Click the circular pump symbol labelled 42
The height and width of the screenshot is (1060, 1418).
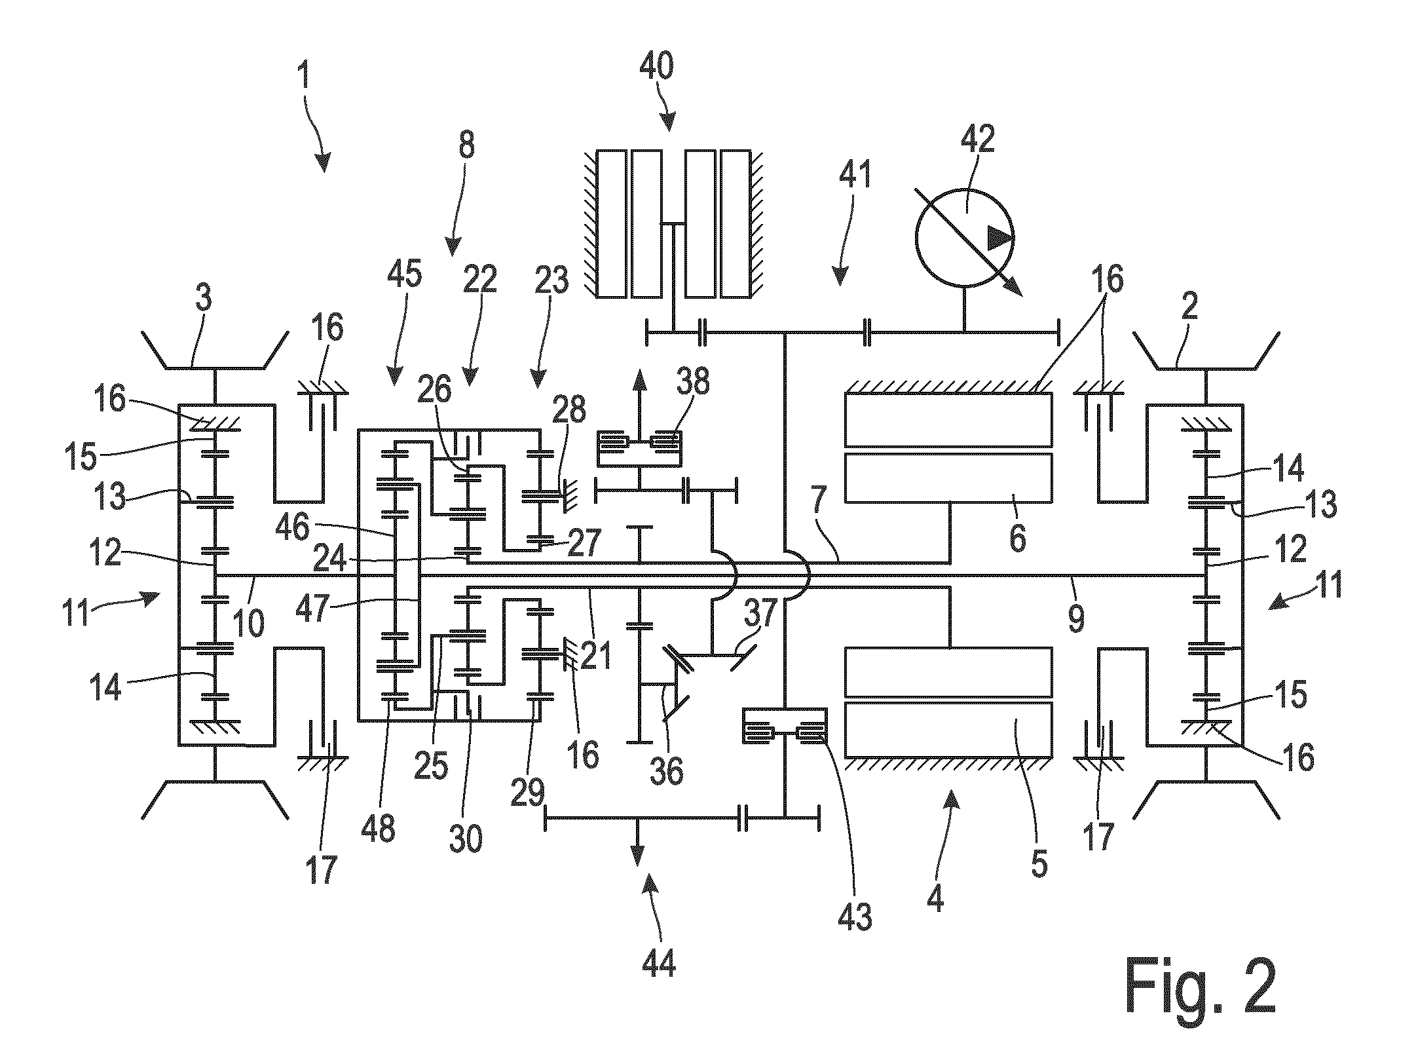[x=965, y=238]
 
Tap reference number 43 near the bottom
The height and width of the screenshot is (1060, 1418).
[x=855, y=915]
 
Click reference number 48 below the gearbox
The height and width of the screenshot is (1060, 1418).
[x=378, y=827]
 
